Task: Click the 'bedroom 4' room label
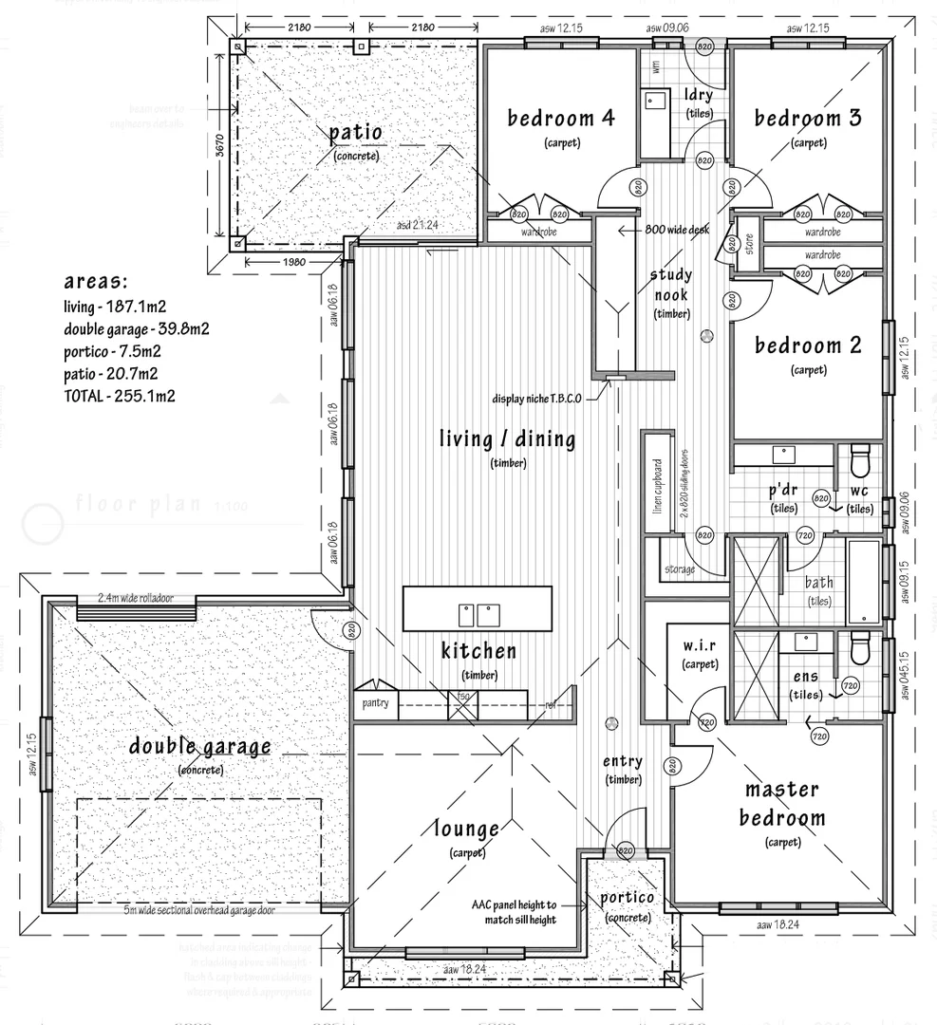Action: (x=560, y=119)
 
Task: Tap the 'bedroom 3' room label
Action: (x=808, y=119)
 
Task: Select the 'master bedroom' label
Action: (x=782, y=804)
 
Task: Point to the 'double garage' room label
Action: (x=200, y=747)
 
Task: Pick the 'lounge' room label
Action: (x=466, y=829)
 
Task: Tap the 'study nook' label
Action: (x=670, y=285)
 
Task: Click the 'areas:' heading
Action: (x=95, y=282)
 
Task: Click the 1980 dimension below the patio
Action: (x=294, y=262)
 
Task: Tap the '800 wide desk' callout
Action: (x=675, y=231)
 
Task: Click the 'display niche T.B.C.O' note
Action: (x=535, y=399)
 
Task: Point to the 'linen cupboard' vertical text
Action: (x=656, y=484)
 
